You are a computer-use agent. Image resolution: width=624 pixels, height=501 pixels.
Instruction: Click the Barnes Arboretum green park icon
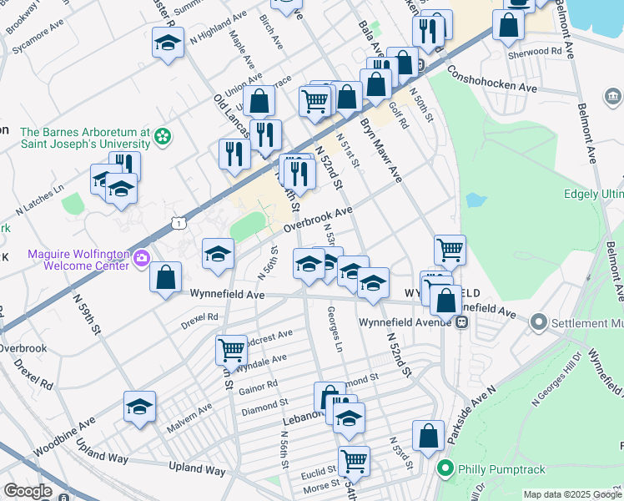click(x=163, y=135)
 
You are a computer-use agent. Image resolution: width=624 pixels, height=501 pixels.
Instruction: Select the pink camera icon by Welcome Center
click(x=141, y=257)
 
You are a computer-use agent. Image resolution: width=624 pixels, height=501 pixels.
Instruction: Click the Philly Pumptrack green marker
click(x=445, y=468)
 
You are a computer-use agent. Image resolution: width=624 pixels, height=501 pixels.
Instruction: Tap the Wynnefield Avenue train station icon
click(x=460, y=323)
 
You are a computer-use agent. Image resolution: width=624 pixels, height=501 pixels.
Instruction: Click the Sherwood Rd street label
click(x=535, y=52)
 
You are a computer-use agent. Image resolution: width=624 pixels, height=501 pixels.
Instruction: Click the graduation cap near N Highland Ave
click(x=168, y=43)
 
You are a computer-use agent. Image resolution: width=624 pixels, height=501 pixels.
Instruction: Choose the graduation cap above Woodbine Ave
click(x=140, y=407)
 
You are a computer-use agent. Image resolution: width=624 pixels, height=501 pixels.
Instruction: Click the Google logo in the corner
click(x=28, y=491)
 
